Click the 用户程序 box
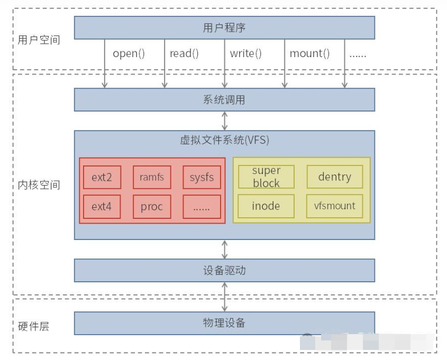(224, 27)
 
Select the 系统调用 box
(224, 99)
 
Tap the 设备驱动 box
(224, 270)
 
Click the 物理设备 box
(224, 322)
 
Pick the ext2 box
(102, 177)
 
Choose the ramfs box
(152, 177)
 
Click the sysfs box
(202, 177)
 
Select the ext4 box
(102, 206)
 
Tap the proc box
(152, 206)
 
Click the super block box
(266, 177)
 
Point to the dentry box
(334, 177)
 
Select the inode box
(266, 206)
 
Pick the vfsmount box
(334, 206)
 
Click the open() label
(129, 53)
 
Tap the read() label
(184, 53)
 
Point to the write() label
(246, 53)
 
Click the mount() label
(309, 53)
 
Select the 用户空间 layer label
(39, 40)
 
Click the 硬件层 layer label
(33, 326)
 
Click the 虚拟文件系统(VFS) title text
(224, 140)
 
